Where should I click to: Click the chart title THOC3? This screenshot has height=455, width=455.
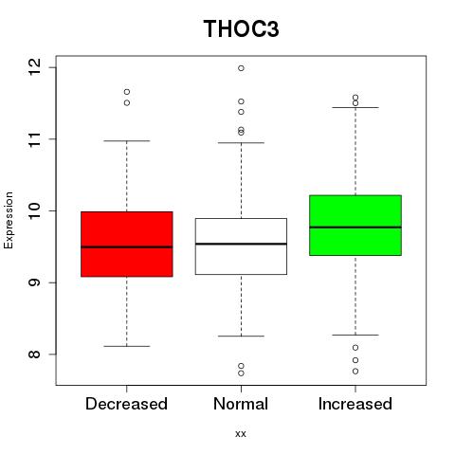pyautogui.click(x=241, y=28)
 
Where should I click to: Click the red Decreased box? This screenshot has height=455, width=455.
pyautogui.click(x=127, y=244)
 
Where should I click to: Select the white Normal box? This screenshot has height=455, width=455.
pyautogui.click(x=241, y=246)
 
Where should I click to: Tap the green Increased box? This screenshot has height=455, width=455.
pyautogui.click(x=355, y=226)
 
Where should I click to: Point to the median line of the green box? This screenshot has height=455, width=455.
pyautogui.click(x=355, y=227)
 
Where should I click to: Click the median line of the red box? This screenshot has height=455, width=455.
pyautogui.click(x=127, y=247)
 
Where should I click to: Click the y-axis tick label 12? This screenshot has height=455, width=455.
pyautogui.click(x=34, y=67)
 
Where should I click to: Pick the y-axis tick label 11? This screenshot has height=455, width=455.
pyautogui.click(x=34, y=139)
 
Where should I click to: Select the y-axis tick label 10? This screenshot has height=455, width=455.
pyautogui.click(x=34, y=210)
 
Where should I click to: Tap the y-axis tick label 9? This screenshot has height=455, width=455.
pyautogui.click(x=34, y=282)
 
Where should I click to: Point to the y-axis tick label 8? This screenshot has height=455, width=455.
pyautogui.click(x=34, y=355)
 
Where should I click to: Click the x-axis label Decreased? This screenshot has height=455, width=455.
pyautogui.click(x=126, y=404)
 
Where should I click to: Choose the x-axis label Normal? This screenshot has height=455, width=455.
pyautogui.click(x=241, y=404)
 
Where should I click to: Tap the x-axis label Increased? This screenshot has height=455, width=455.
pyautogui.click(x=355, y=404)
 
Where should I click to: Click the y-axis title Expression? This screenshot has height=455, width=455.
pyautogui.click(x=9, y=220)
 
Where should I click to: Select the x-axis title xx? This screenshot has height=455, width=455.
pyautogui.click(x=241, y=434)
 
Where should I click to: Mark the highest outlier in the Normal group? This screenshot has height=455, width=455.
pyautogui.click(x=241, y=68)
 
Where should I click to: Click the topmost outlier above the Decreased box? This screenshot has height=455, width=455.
pyautogui.click(x=127, y=92)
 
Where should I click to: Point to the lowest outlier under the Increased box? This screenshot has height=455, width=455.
pyautogui.click(x=355, y=372)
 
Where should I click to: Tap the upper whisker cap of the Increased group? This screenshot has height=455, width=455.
pyautogui.click(x=355, y=107)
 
